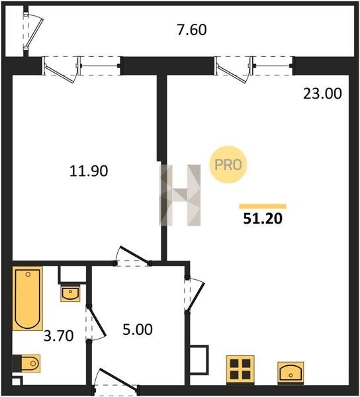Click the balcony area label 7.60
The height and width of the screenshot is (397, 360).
[x=192, y=30]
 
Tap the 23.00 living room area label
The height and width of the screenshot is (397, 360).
[x=322, y=93]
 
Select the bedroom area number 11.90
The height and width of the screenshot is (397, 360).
[x=89, y=171]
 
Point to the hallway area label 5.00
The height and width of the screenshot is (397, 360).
[x=138, y=330]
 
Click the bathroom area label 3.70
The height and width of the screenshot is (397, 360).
[x=58, y=335]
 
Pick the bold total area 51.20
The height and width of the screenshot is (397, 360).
[x=263, y=218]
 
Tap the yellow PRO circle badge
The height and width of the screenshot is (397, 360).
[x=228, y=165]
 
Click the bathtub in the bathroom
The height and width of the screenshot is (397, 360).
[x=27, y=298]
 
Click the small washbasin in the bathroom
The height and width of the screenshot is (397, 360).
[x=70, y=294]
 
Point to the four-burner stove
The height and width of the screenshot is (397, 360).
[x=240, y=370]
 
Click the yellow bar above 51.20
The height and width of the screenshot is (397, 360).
[x=263, y=206]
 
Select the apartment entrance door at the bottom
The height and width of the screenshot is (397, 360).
[x=116, y=382]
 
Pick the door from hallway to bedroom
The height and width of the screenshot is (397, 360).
[x=132, y=256]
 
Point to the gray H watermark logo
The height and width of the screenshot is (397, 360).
[x=180, y=195]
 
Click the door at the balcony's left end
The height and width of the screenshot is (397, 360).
[x=33, y=31]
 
